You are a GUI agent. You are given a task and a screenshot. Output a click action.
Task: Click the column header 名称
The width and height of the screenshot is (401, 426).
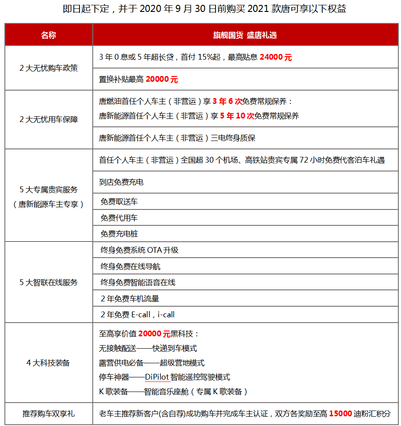point(49,35)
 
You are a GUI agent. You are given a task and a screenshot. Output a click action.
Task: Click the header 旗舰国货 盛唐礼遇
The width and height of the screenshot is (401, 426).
point(245,35)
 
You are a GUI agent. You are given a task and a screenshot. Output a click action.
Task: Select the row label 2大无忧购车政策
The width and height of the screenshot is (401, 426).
point(49,68)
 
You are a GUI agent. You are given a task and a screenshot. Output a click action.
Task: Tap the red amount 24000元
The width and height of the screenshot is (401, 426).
point(276,57)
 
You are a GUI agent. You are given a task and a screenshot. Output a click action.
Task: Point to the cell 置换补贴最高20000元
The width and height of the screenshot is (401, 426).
point(138,80)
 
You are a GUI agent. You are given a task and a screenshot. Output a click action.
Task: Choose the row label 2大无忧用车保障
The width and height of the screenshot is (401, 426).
point(49,119)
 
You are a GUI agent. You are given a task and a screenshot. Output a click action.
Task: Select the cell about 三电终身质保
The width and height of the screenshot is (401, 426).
point(177,138)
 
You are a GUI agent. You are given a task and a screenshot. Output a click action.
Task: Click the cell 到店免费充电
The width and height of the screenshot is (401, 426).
point(121,182)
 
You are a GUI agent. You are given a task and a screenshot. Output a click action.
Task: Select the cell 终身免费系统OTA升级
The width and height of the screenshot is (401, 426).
point(140,250)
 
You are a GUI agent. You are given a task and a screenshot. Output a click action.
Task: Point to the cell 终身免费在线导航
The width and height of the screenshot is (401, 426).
point(131,266)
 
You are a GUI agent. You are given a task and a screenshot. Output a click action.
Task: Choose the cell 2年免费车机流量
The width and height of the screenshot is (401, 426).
point(130,298)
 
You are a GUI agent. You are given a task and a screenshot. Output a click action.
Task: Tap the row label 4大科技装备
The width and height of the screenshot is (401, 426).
point(49,363)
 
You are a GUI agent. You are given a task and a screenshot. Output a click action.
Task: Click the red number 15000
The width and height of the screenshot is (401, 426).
point(340,414)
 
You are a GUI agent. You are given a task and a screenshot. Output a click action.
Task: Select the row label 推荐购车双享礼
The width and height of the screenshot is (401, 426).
point(49,414)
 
